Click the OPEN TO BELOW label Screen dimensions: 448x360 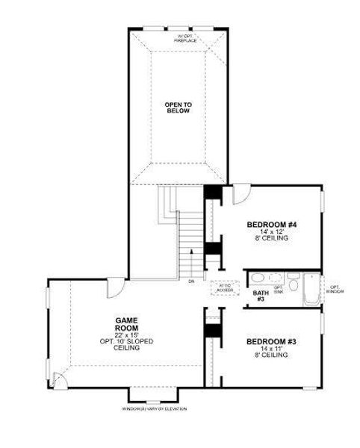point(179,107)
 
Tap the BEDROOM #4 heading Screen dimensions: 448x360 point(272,224)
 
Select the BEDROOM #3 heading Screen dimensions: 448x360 point(272,341)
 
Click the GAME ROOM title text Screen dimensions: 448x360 point(124,323)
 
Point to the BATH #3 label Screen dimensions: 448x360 point(261,296)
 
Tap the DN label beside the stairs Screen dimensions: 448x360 point(191,281)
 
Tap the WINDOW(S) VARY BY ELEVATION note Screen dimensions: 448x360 point(155,409)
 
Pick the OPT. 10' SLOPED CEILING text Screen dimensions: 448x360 point(124,344)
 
